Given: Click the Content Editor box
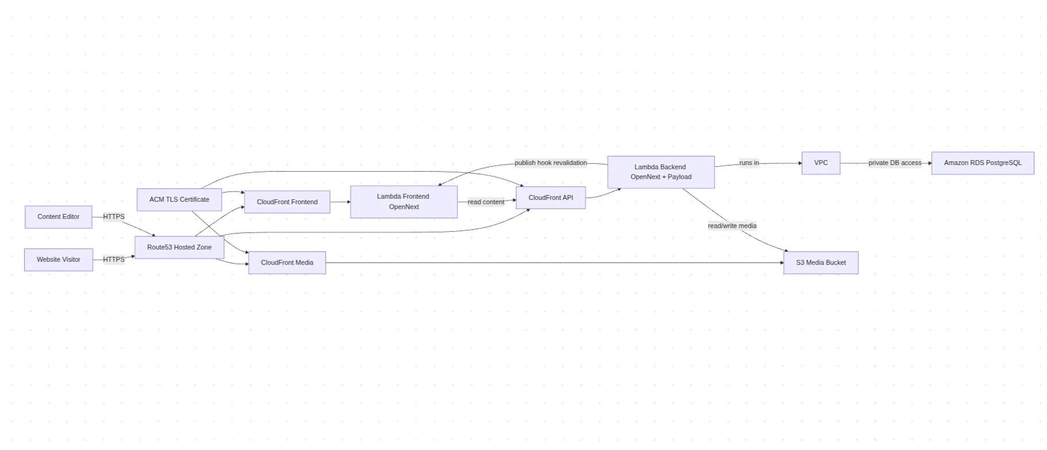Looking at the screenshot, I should tap(58, 217).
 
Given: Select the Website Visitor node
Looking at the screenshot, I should tap(58, 260).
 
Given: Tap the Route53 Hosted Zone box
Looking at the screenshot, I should tap(179, 247).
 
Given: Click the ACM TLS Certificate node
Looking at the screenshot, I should tap(179, 199).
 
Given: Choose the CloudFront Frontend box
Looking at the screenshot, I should tap(287, 202).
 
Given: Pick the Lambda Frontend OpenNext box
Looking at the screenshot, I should tap(403, 202).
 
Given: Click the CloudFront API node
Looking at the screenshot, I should tap(551, 198).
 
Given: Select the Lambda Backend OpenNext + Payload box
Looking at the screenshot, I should tap(661, 172).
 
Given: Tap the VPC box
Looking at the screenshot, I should tap(821, 163).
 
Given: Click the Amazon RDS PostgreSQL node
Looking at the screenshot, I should tap(982, 163).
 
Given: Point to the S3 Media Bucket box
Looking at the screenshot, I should tap(821, 263).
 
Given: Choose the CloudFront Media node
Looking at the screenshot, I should tap(287, 263).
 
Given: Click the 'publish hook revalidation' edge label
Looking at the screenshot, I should tap(551, 163).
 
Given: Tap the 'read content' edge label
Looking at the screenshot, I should tap(486, 202).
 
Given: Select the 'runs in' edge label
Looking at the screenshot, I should tap(749, 163).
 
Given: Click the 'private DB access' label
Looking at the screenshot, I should tap(895, 163).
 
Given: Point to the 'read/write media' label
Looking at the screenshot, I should tap(732, 226).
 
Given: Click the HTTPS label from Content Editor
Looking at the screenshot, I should tap(113, 217).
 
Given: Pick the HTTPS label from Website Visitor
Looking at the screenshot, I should tap(113, 260).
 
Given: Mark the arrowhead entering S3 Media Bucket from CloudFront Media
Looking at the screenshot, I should tap(782, 263).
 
